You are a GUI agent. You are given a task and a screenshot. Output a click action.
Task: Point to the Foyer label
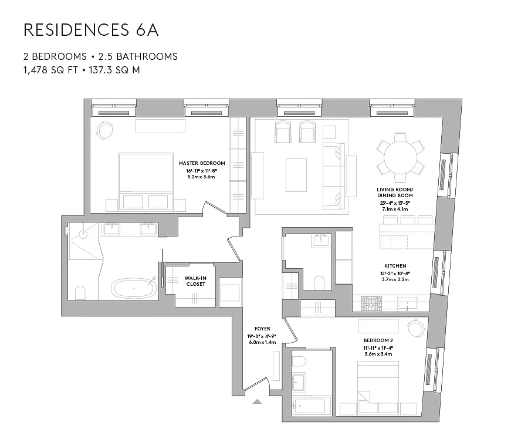pos(262,329)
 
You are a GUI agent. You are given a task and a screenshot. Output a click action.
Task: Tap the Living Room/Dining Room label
pos(395,192)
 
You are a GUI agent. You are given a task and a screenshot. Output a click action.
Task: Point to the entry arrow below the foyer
pos(257,403)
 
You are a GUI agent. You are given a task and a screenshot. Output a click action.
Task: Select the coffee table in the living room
pos(296,174)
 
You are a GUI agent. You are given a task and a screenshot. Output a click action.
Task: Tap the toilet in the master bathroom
pos(82,293)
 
